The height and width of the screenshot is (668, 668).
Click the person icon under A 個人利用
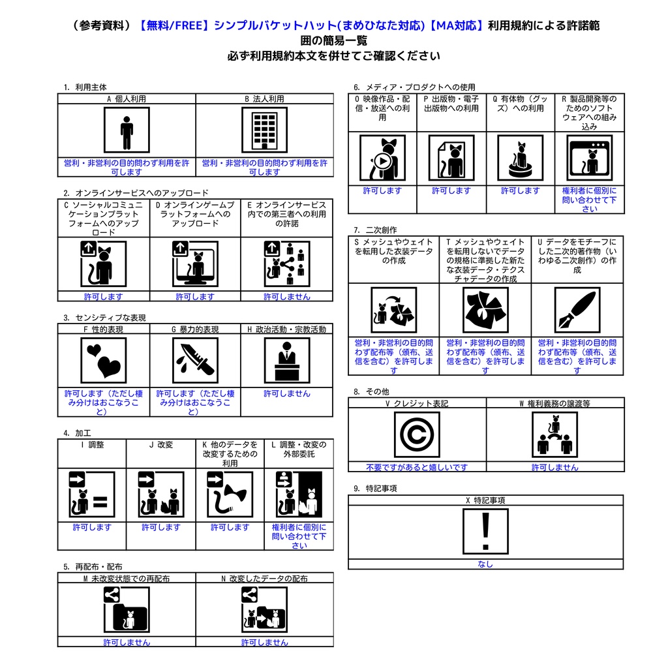[127, 130]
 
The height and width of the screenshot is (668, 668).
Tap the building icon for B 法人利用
[264, 130]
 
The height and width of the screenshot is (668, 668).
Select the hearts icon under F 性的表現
[104, 360]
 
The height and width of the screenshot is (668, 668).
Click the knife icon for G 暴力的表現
[195, 360]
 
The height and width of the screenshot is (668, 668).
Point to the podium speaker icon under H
[286, 360]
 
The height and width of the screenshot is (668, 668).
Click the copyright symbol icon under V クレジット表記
[417, 434]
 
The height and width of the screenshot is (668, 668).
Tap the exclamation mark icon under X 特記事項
[485, 531]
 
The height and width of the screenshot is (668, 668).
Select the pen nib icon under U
[577, 310]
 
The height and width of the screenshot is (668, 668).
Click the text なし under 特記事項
[485, 564]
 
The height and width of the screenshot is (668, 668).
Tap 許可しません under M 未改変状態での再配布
[127, 643]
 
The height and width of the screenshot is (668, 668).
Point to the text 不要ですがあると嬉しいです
[417, 467]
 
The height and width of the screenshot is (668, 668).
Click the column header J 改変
[160, 445]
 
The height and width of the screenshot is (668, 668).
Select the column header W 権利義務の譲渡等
[554, 404]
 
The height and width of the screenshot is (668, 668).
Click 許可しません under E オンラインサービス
[286, 297]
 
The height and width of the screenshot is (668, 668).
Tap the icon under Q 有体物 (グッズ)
[520, 158]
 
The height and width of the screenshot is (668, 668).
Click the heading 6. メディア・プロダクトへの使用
[414, 87]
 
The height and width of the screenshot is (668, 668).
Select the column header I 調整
[92, 445]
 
